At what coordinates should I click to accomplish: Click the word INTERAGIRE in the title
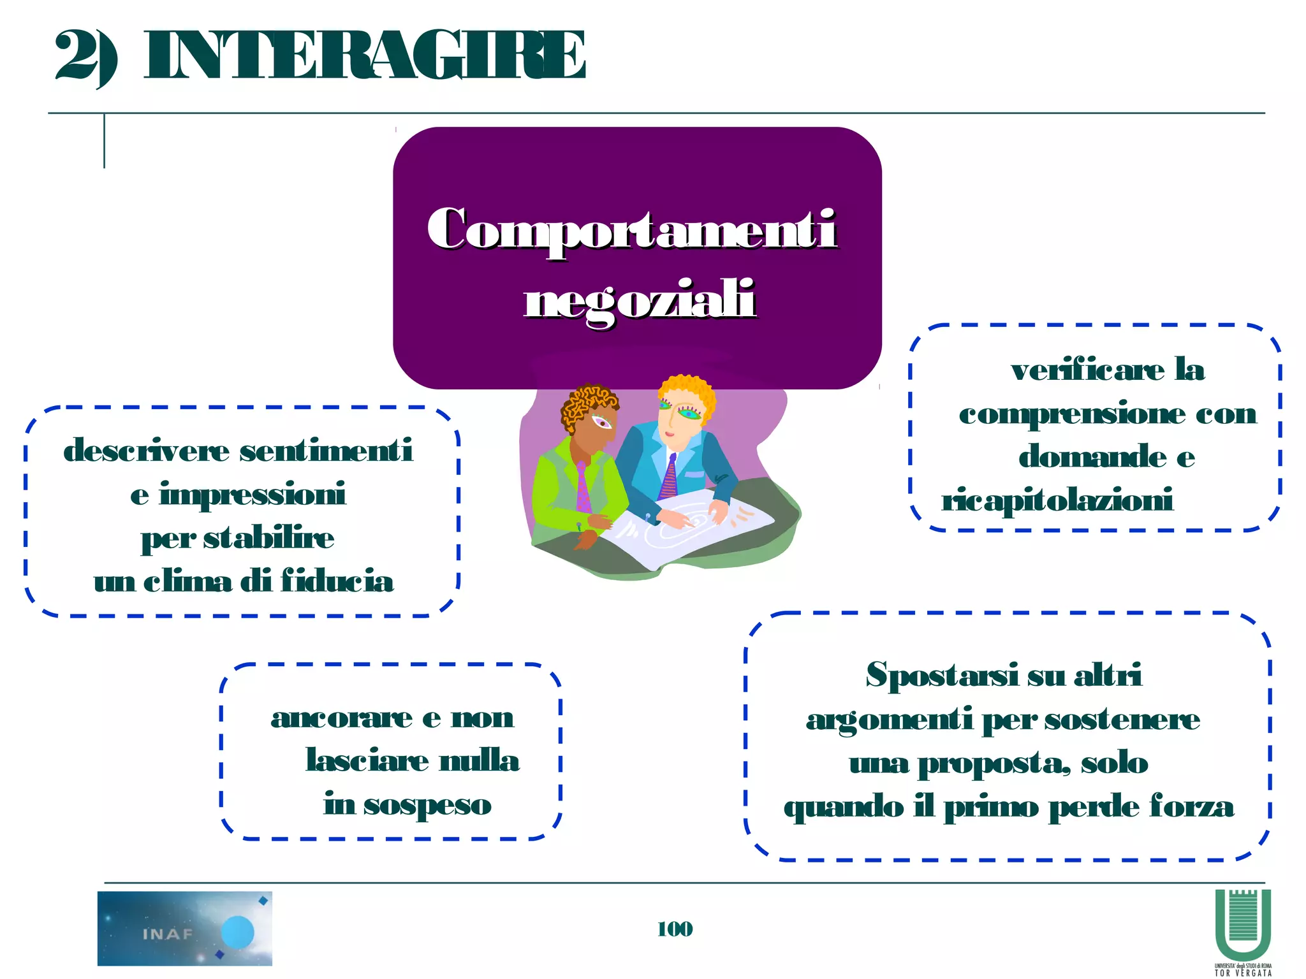coord(364,56)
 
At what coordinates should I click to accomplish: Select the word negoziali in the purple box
coord(640,300)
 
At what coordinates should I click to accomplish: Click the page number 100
coord(675,929)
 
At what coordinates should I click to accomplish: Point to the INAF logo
coord(184,928)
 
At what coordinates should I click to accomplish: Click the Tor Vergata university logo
coord(1242,931)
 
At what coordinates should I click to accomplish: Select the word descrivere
coord(146,451)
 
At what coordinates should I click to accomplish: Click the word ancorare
coord(342,718)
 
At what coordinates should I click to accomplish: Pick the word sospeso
coord(427,805)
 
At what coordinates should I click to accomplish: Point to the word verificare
coord(1088,370)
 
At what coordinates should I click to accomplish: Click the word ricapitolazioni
coord(1057,500)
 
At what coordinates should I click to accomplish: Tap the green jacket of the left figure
coord(561,484)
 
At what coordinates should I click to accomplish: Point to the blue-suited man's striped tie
coord(669,477)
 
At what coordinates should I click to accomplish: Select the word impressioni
coord(253,495)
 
